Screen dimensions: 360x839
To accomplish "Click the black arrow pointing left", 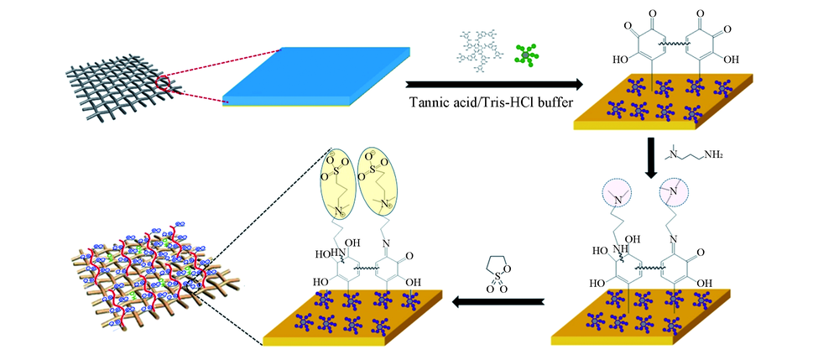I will (498, 300).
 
